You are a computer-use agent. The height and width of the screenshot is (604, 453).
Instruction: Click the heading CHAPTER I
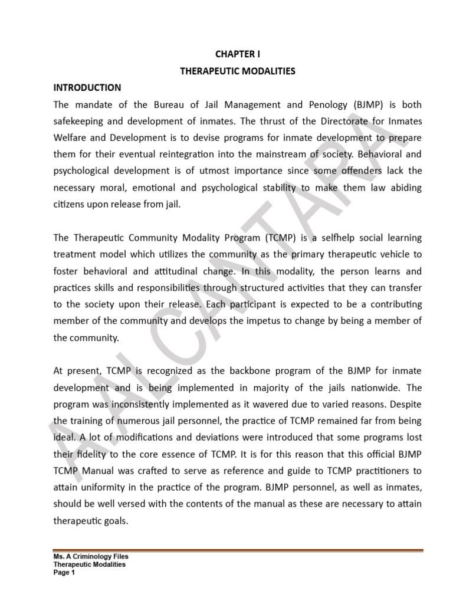click(x=237, y=54)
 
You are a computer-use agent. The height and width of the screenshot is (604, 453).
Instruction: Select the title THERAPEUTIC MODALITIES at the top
click(x=237, y=71)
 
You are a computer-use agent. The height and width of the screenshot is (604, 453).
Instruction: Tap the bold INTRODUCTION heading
click(x=87, y=87)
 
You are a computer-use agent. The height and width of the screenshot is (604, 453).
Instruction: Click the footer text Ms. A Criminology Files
click(x=91, y=556)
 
